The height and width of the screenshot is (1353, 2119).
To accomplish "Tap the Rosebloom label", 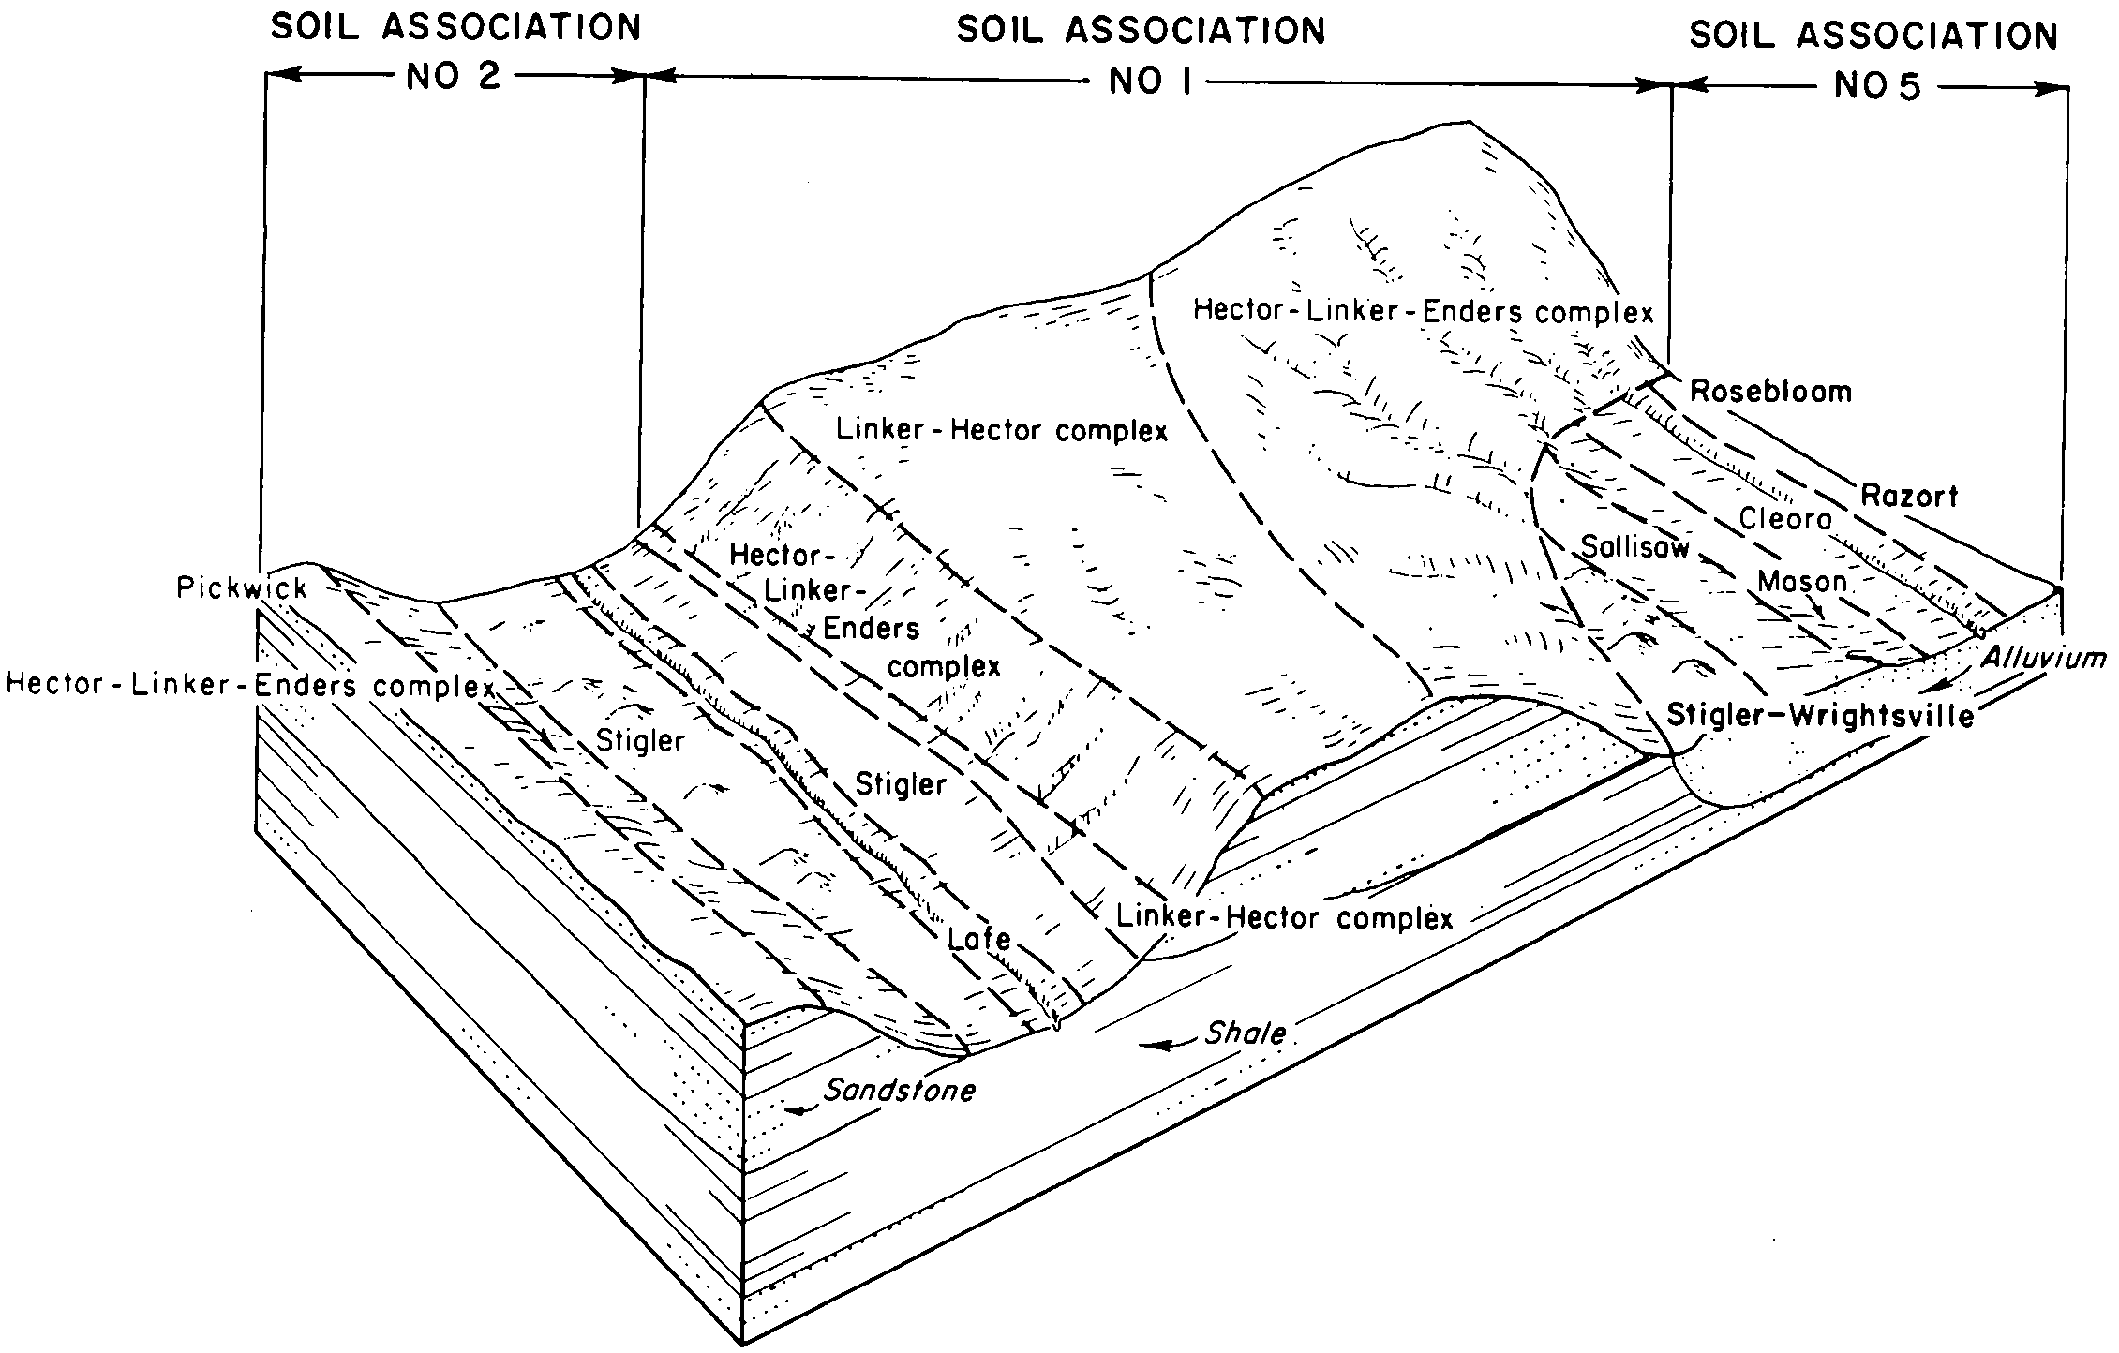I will click(x=1770, y=392).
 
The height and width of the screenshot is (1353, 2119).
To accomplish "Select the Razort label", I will click(x=1909, y=496).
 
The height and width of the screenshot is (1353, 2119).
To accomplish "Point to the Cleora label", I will click(x=1785, y=518).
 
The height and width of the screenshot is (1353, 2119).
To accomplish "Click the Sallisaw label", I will click(x=1634, y=546).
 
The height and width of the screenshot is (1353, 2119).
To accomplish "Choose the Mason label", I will click(x=1801, y=582).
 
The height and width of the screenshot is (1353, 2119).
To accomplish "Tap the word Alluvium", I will click(x=2043, y=659).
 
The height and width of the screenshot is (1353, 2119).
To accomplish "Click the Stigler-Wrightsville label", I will click(x=1820, y=716).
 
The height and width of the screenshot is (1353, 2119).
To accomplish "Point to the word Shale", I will click(x=1246, y=1033).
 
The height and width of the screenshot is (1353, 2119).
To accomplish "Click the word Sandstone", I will click(x=900, y=1091).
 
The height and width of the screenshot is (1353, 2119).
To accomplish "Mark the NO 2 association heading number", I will click(x=454, y=77).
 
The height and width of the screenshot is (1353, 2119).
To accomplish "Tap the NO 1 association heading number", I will click(x=1150, y=82).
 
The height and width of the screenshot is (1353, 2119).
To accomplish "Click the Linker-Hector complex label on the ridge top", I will click(x=1002, y=430).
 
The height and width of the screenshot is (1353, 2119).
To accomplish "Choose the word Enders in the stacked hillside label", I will click(x=871, y=628).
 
